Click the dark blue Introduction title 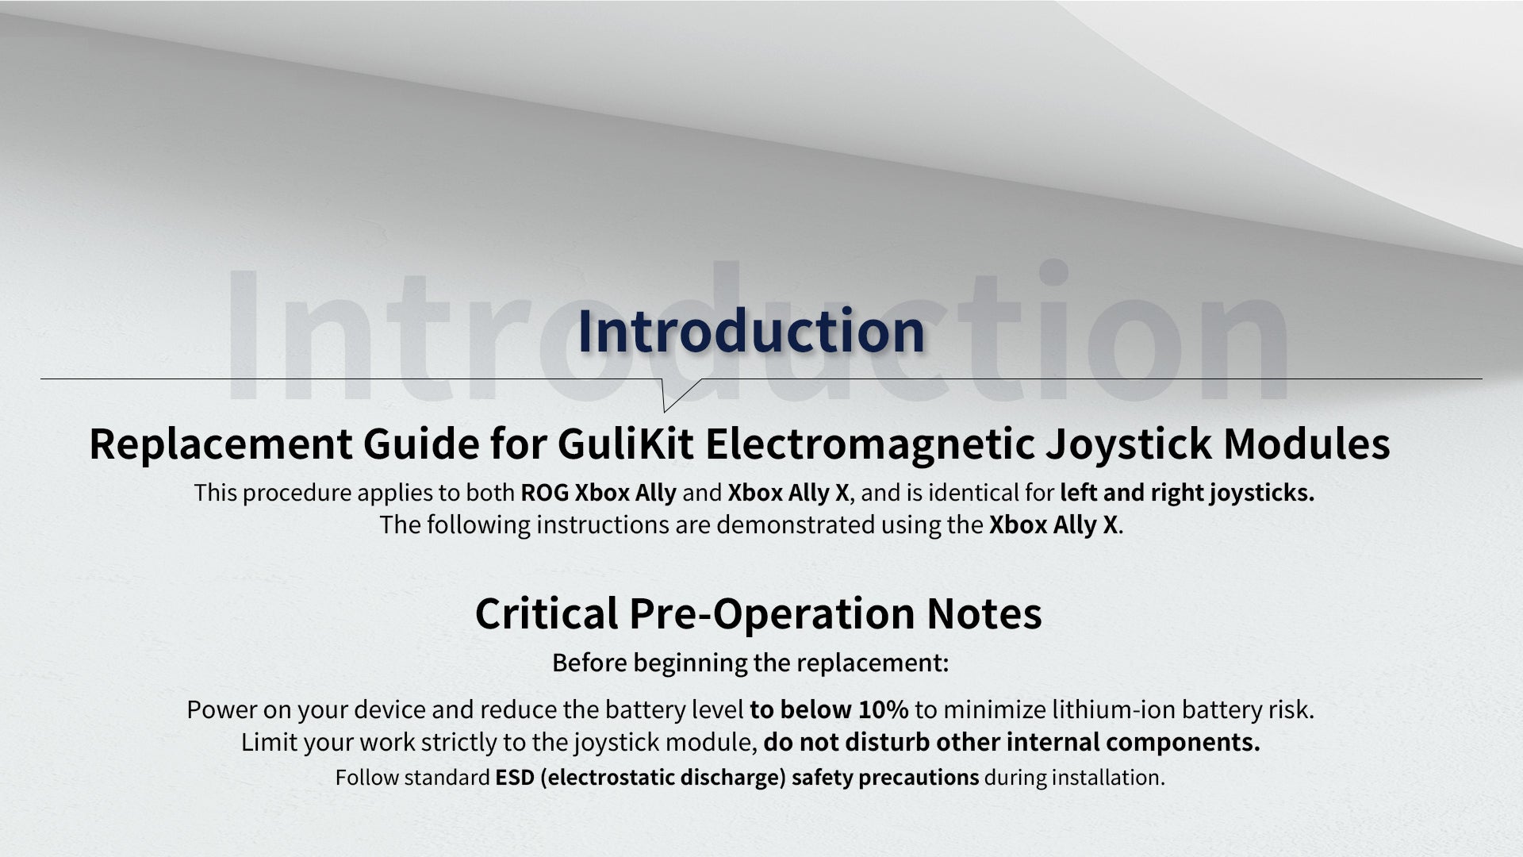751,331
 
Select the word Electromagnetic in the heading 869,444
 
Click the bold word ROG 544,493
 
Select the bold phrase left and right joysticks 1187,494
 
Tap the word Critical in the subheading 547,613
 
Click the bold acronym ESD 514,778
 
